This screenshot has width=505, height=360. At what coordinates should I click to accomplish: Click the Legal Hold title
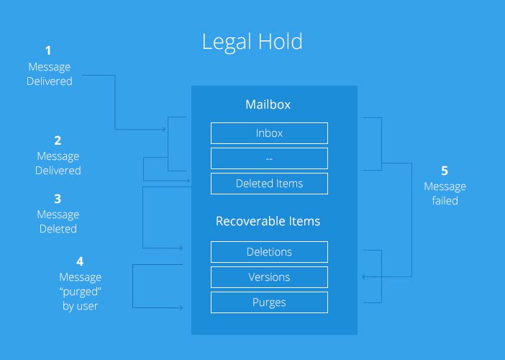[x=252, y=42]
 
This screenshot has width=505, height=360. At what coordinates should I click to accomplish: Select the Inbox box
[x=269, y=133]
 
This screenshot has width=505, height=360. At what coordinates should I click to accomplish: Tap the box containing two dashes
[x=269, y=158]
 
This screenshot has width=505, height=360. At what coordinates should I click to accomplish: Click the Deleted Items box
[x=269, y=184]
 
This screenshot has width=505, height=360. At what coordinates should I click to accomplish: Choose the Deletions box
[x=269, y=252]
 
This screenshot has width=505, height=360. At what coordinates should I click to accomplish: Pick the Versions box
[x=269, y=277]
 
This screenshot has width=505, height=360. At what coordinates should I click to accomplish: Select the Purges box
[x=269, y=302]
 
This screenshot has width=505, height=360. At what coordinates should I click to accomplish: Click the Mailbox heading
[x=268, y=104]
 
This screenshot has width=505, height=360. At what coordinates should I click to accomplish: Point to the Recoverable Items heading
[x=268, y=221]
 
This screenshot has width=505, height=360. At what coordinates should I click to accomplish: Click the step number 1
[x=48, y=50]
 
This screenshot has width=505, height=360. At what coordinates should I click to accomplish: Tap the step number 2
[x=58, y=140]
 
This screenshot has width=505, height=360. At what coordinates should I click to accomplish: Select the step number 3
[x=58, y=199]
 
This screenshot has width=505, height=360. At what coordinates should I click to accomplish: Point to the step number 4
[x=80, y=261]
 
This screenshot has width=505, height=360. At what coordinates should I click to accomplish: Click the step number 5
[x=445, y=171]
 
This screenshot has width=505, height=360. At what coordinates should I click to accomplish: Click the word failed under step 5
[x=445, y=201]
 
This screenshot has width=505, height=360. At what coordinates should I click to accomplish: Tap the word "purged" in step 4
[x=80, y=292]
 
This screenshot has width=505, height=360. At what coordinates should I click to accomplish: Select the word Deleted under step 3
[x=58, y=229]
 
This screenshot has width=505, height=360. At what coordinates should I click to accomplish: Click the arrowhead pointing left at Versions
[x=363, y=276]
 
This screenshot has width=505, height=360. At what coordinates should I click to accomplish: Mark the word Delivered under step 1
[x=49, y=81]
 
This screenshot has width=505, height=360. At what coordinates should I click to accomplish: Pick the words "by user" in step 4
[x=80, y=306]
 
